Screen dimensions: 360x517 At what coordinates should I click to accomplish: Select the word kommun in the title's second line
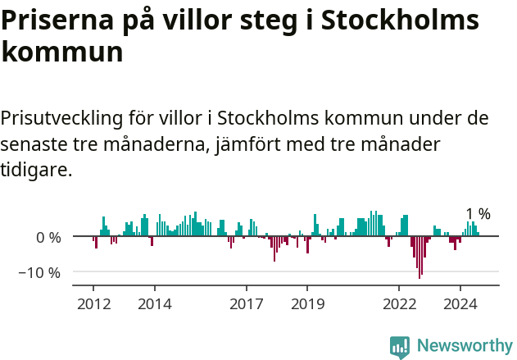(x=62, y=52)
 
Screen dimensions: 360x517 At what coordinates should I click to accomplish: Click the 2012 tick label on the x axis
(x=93, y=304)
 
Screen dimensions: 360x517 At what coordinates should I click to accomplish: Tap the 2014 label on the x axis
(x=154, y=304)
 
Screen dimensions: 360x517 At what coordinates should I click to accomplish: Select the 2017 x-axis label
(x=246, y=304)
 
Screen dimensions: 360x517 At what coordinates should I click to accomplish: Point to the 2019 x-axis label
(x=307, y=304)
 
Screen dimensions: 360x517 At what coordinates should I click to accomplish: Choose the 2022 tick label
(x=399, y=304)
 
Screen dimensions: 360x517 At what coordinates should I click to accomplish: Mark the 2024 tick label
(x=460, y=304)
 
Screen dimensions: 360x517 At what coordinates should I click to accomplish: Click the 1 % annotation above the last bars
(x=478, y=214)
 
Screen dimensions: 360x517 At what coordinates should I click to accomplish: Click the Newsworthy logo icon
(x=400, y=346)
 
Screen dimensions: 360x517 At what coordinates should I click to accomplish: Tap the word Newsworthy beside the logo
(x=464, y=346)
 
